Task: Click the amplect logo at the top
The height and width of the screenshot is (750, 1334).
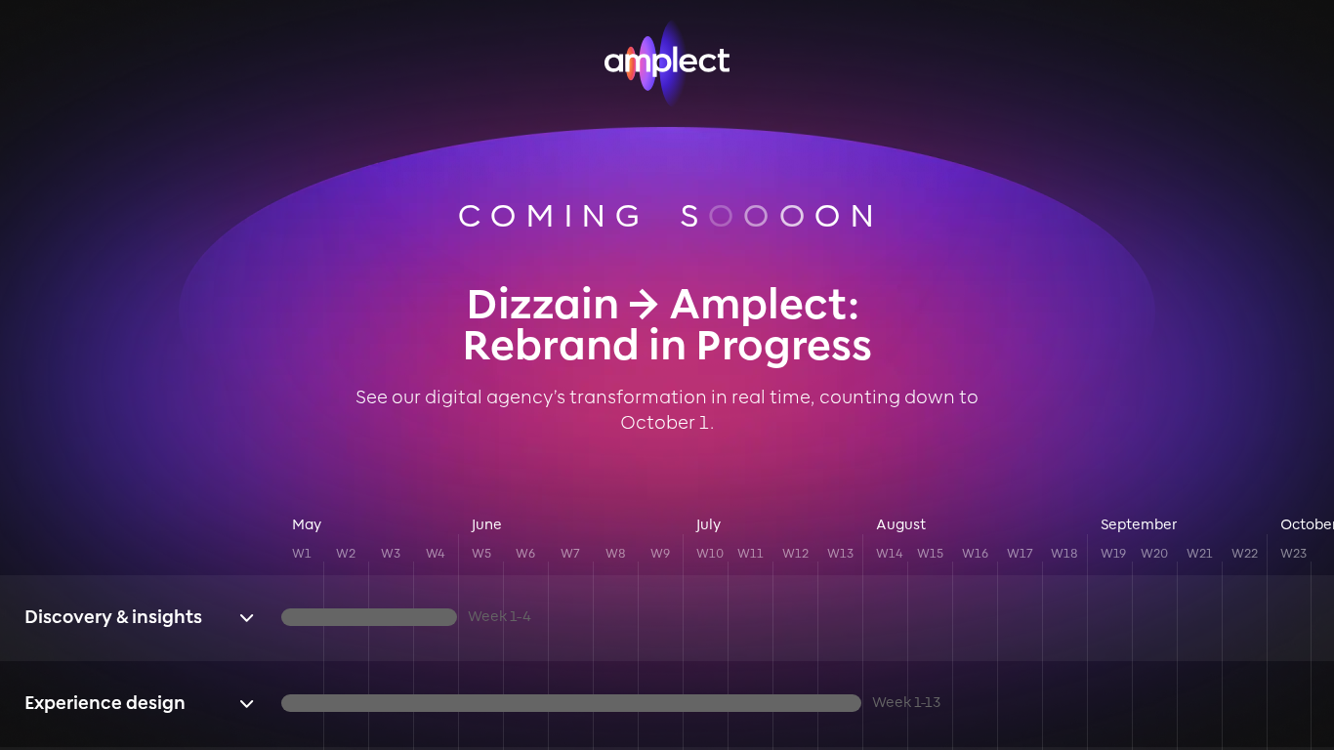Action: coord(666,62)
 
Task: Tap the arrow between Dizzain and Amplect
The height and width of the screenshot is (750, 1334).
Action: coord(644,305)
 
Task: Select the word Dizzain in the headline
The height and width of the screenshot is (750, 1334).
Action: coord(543,305)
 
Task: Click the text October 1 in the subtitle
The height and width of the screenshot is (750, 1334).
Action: coord(665,422)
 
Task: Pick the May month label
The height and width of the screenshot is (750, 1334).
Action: coord(307,524)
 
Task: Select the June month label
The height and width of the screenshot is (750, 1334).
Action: coord(486,524)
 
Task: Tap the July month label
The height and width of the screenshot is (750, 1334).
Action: coord(708,524)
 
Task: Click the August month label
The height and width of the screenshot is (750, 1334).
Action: coord(900,524)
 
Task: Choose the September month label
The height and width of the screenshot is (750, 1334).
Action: coord(1138,524)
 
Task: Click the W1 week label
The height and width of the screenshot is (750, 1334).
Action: coord(302,554)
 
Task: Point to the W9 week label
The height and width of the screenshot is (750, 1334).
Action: coord(660,554)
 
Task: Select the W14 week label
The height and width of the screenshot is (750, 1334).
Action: coord(889,554)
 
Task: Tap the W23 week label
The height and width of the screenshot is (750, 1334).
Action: coord(1294,554)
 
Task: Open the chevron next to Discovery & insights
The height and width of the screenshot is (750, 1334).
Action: coord(246,618)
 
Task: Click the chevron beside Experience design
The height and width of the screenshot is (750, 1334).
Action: coord(246,704)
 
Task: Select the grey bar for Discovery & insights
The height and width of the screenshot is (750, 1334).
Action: coord(369,617)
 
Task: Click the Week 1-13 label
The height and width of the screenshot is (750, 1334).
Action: coord(906,702)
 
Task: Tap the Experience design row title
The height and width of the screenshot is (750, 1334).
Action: coord(104,703)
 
